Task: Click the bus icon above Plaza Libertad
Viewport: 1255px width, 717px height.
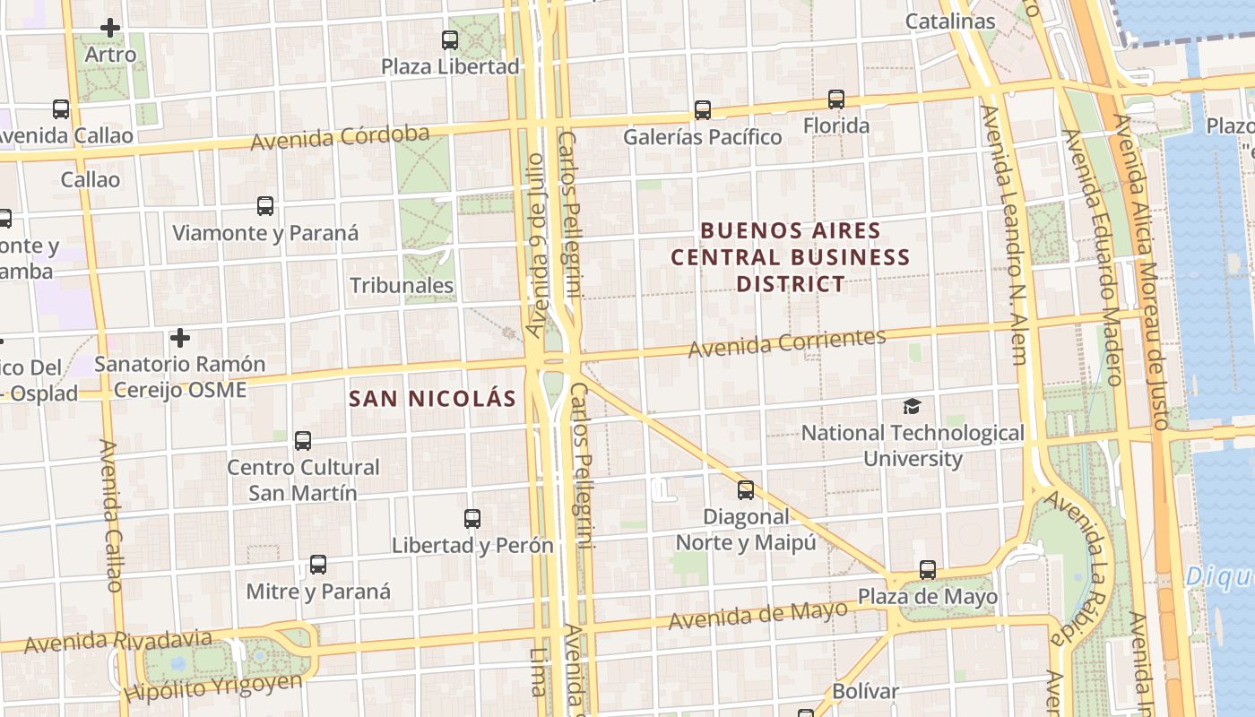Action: (450, 40)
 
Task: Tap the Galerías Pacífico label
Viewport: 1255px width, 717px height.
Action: (703, 137)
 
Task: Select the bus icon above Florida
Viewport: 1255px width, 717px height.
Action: (836, 99)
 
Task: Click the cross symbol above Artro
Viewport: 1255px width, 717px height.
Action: (110, 29)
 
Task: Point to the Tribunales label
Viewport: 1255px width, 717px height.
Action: (402, 286)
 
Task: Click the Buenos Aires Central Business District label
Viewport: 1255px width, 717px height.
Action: (791, 257)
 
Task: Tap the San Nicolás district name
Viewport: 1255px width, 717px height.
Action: (433, 399)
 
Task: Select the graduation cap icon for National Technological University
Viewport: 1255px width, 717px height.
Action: (912, 406)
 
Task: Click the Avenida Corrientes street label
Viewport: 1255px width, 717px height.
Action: (787, 342)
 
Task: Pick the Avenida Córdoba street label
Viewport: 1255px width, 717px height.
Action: (340, 138)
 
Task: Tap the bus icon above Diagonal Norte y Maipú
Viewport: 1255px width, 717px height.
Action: (746, 490)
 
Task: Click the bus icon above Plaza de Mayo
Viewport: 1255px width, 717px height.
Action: (928, 570)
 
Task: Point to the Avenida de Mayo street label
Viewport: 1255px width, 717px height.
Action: (758, 615)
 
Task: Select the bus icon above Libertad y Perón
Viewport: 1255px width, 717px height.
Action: (472, 519)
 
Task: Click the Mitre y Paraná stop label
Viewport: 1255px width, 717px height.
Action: (318, 592)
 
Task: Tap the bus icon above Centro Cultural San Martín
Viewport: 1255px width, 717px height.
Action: (303, 441)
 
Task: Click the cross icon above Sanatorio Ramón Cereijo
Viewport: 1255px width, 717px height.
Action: (180, 339)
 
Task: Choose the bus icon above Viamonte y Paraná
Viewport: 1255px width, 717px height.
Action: (265, 206)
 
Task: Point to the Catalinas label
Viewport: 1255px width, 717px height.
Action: (950, 22)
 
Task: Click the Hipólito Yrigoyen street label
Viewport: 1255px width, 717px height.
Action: (214, 687)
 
